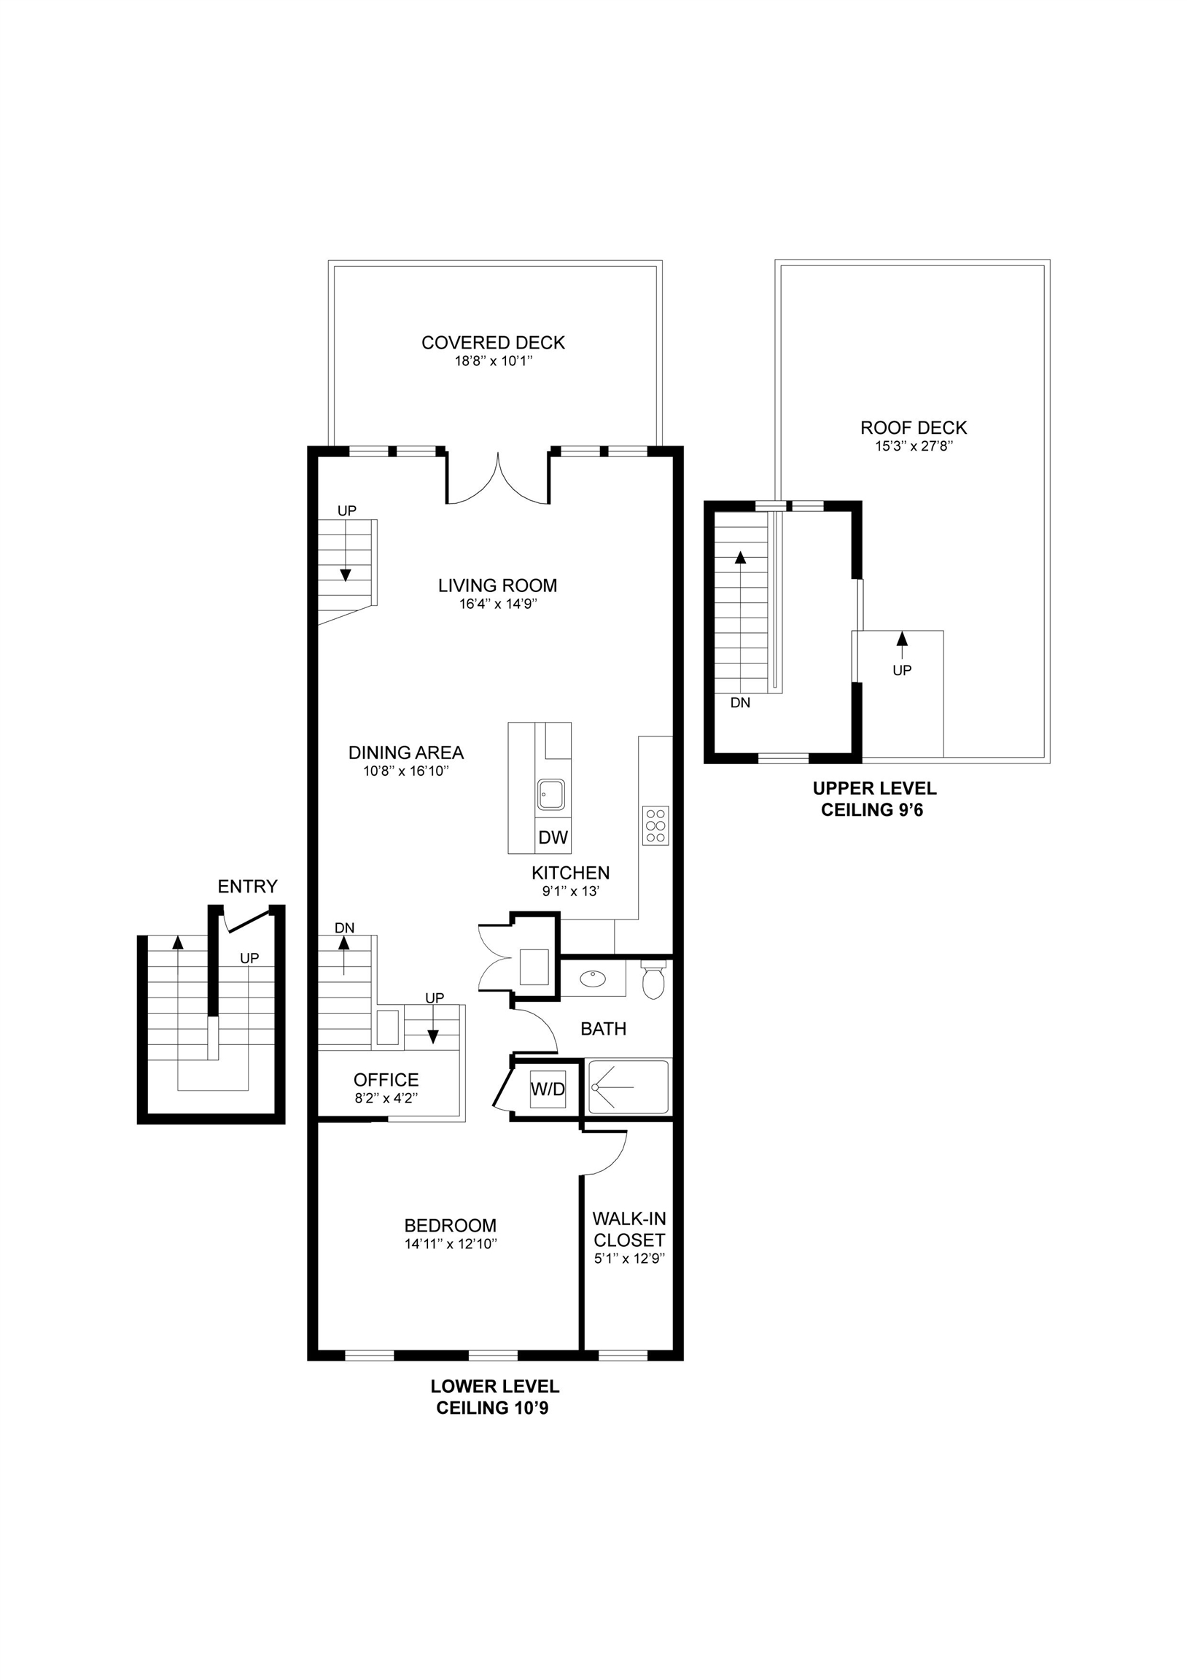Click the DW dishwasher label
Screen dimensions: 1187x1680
tap(553, 838)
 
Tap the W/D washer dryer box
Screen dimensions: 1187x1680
tap(548, 1089)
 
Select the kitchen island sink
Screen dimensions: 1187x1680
tap(551, 794)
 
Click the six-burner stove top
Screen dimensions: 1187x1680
tap(655, 825)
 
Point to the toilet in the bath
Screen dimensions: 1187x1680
tap(653, 979)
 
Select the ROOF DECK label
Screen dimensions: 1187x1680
tap(914, 427)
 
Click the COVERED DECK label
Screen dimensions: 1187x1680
tap(493, 343)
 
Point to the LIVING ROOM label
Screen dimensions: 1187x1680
tap(498, 586)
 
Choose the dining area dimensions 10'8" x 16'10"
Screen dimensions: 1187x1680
tap(405, 771)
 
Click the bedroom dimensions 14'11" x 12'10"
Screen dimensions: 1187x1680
tap(451, 1244)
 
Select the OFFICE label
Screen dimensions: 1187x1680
tap(386, 1080)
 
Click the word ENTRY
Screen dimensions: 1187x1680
tap(247, 887)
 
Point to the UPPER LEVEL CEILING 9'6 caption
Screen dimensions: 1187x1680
tap(873, 799)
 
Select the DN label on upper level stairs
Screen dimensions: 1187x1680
tap(740, 702)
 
